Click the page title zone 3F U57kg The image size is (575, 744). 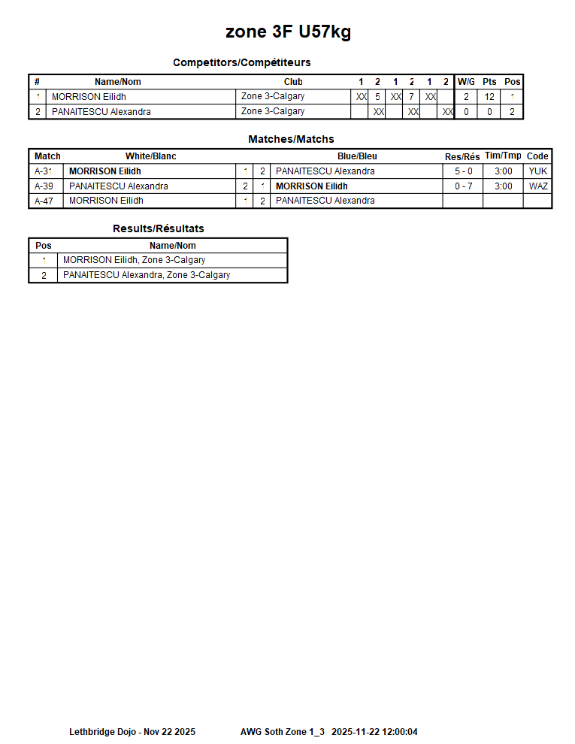(x=288, y=32)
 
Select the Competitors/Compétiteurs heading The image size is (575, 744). (x=241, y=62)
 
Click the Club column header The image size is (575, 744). (x=293, y=82)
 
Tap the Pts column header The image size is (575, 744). (x=489, y=82)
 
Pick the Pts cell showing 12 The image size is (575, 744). (x=489, y=97)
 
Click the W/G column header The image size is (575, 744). (x=466, y=82)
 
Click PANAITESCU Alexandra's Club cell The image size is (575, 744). (x=273, y=111)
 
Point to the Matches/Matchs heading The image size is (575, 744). (x=291, y=139)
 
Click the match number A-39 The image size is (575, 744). (x=44, y=186)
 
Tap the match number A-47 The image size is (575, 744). (x=44, y=201)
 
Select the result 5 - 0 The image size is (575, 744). (x=463, y=171)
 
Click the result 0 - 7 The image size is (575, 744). (x=463, y=186)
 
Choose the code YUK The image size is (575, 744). (x=538, y=171)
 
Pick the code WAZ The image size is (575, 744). (x=538, y=186)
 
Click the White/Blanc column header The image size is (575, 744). (x=150, y=156)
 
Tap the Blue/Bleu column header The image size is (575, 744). (x=357, y=156)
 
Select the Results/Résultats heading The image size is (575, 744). (x=159, y=228)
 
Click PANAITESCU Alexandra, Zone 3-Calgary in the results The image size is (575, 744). (x=147, y=275)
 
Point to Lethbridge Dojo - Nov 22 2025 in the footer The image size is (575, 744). (x=132, y=731)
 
